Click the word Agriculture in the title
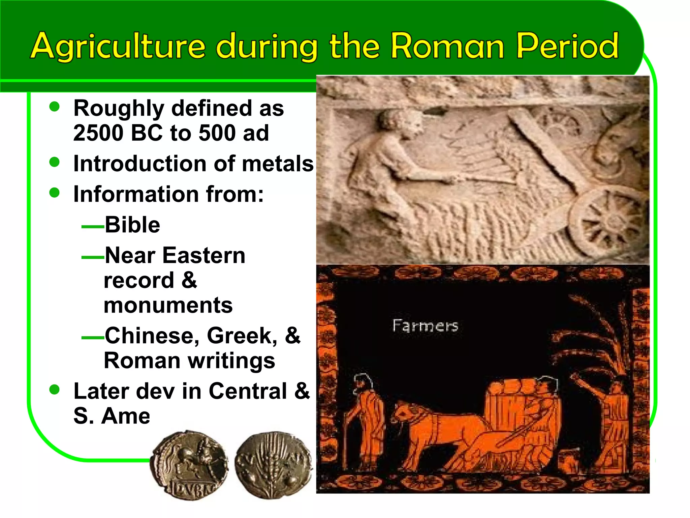click(x=118, y=46)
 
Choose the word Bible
click(x=132, y=225)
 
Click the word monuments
click(x=168, y=305)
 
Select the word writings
click(x=232, y=361)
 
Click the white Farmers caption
click(x=425, y=326)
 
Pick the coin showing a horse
click(x=189, y=465)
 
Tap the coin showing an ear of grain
click(x=274, y=465)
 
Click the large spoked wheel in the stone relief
click(x=605, y=221)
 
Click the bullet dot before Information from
click(x=54, y=193)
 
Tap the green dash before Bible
click(x=93, y=227)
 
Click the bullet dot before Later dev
click(x=54, y=390)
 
